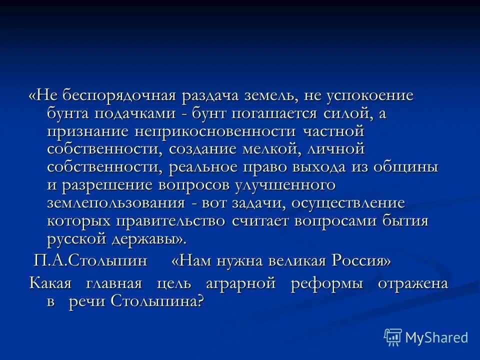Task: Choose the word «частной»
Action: coord(332,131)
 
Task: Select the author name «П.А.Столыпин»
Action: coord(90,260)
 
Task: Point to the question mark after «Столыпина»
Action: coord(200,301)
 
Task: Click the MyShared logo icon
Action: coord(392,338)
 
